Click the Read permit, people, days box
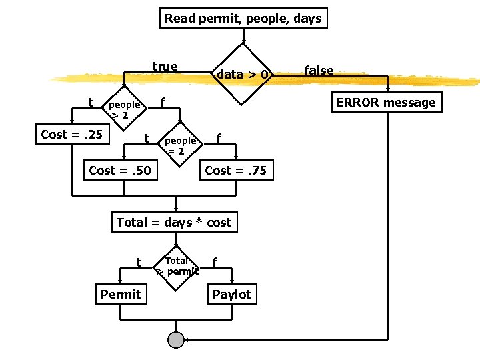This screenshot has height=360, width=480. (243, 18)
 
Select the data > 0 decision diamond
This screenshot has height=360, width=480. (243, 74)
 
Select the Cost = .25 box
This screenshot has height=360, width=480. (72, 135)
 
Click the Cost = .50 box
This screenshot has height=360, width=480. (120, 171)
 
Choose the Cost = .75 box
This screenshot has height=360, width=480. (235, 171)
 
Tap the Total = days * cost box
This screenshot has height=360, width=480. (174, 223)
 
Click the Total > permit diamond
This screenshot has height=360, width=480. (177, 266)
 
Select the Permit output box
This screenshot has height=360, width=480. (121, 294)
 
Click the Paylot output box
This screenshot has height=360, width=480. (231, 294)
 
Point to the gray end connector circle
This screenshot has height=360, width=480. (176, 340)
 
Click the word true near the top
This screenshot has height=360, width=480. (165, 66)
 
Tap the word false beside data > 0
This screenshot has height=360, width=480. (319, 70)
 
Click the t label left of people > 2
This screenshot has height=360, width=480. (91, 102)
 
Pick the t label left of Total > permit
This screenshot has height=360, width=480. (138, 262)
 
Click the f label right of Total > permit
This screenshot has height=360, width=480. (213, 262)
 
